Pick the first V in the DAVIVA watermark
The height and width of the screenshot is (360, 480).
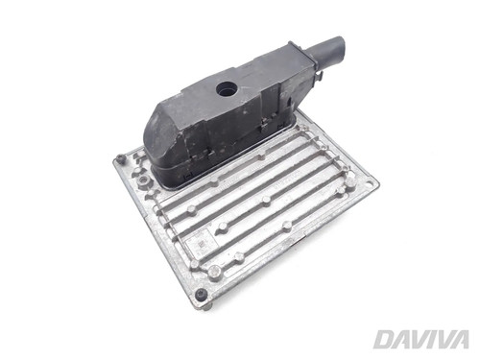[x=414, y=339]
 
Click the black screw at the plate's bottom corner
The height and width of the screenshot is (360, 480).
[x=202, y=294]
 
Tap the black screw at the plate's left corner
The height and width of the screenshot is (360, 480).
[x=120, y=158]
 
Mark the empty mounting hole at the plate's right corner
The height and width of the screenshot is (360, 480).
[x=370, y=184]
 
